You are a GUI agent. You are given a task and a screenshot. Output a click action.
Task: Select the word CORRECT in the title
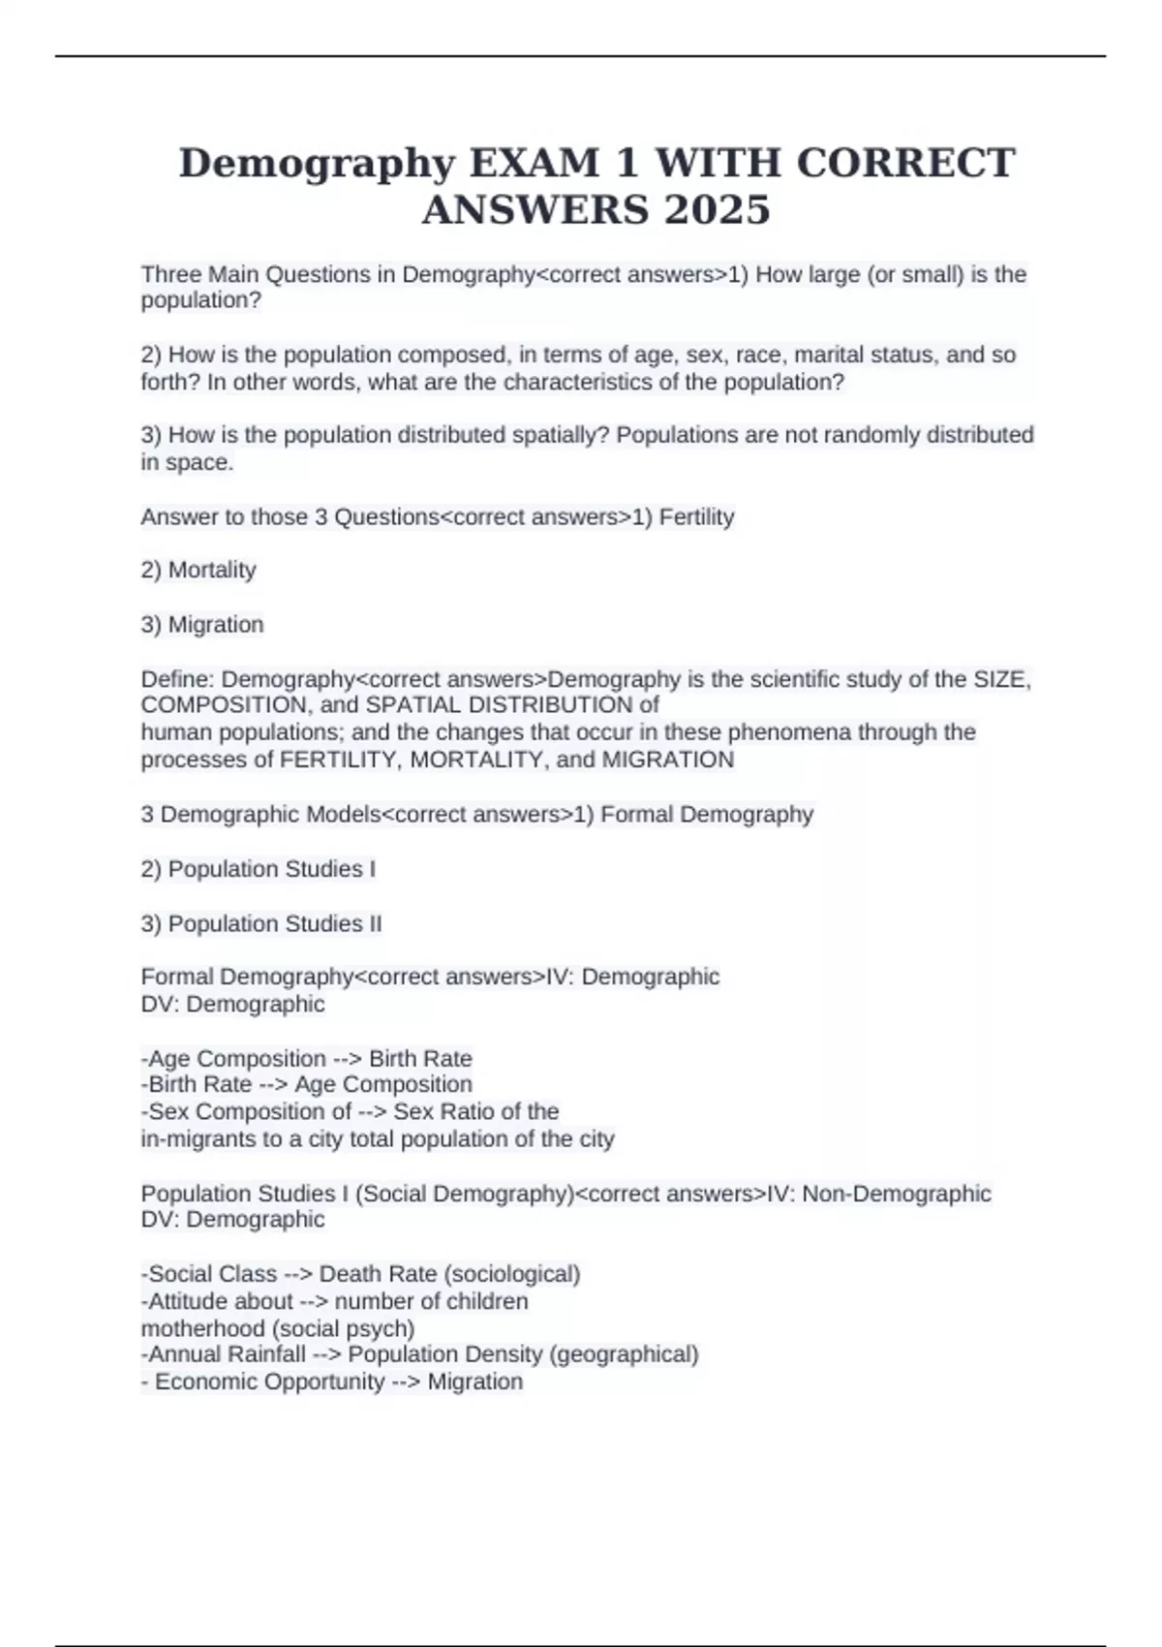905,163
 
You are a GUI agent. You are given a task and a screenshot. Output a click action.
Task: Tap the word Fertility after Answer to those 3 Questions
696,516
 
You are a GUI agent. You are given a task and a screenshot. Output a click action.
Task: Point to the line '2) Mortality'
199,570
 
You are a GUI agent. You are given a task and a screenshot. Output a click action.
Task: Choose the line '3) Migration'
202,624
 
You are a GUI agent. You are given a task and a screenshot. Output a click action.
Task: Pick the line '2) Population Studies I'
259,869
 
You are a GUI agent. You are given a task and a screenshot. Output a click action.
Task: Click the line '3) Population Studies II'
261,923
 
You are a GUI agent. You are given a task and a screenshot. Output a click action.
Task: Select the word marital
829,355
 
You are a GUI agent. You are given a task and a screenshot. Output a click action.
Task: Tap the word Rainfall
265,1353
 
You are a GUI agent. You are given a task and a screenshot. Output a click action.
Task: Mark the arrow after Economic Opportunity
406,1382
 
